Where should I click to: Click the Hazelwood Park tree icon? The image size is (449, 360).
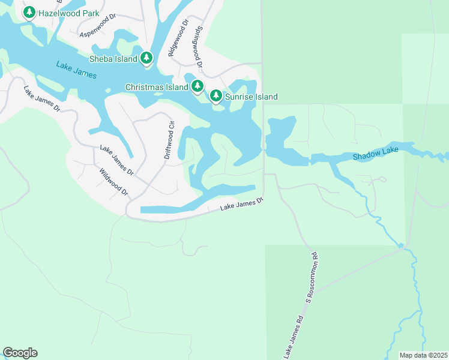(x=29, y=12)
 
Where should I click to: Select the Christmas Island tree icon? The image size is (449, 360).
(x=197, y=87)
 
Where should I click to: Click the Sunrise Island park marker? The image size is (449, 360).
(x=216, y=96)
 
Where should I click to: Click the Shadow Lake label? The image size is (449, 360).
(x=371, y=156)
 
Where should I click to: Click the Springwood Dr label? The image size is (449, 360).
(x=197, y=46)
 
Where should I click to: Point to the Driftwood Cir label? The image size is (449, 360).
(x=169, y=140)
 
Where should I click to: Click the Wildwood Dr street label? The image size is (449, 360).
(x=114, y=181)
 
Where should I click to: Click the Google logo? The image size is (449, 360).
(x=20, y=353)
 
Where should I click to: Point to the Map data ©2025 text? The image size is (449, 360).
(x=424, y=355)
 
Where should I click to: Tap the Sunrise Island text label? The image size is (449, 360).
(x=252, y=97)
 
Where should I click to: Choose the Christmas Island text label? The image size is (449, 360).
(x=157, y=87)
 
